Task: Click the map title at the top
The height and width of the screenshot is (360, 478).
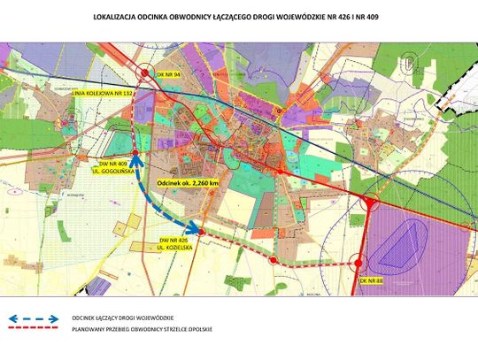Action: click(x=239, y=16)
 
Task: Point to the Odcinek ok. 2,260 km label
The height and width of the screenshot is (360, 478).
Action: click(x=187, y=182)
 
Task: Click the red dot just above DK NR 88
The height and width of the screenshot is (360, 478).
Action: click(x=357, y=262)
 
